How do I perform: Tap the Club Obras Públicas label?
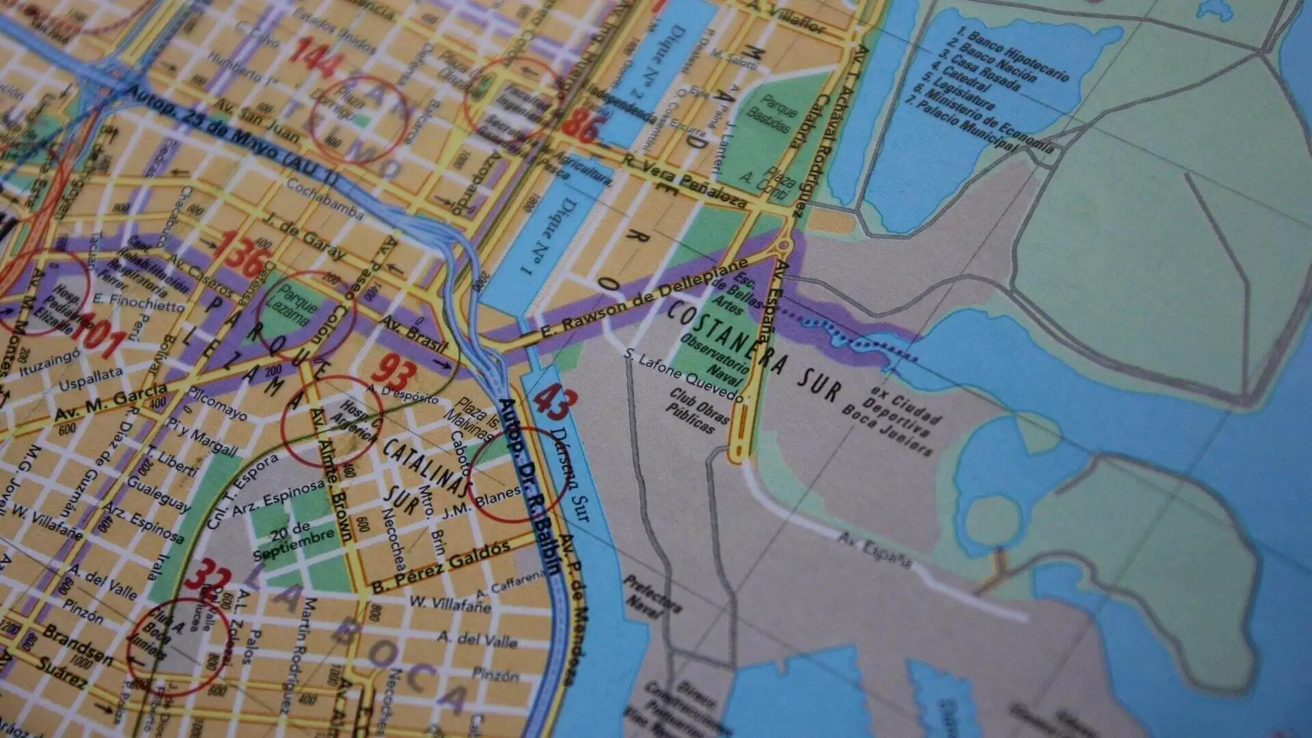[697, 410]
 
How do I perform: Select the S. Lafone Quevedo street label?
[683, 375]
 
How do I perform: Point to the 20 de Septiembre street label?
[292, 539]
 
